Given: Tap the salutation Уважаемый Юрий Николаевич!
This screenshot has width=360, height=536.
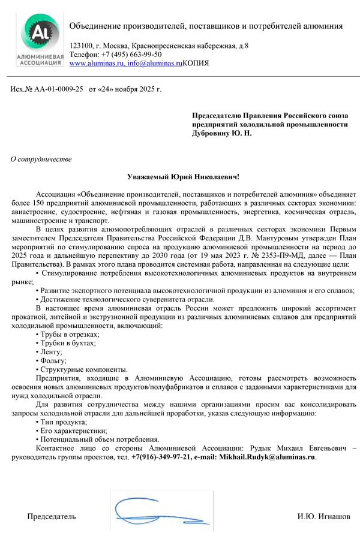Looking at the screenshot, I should coord(184,177).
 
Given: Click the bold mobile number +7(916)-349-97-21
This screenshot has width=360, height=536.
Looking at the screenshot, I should coord(162,457).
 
